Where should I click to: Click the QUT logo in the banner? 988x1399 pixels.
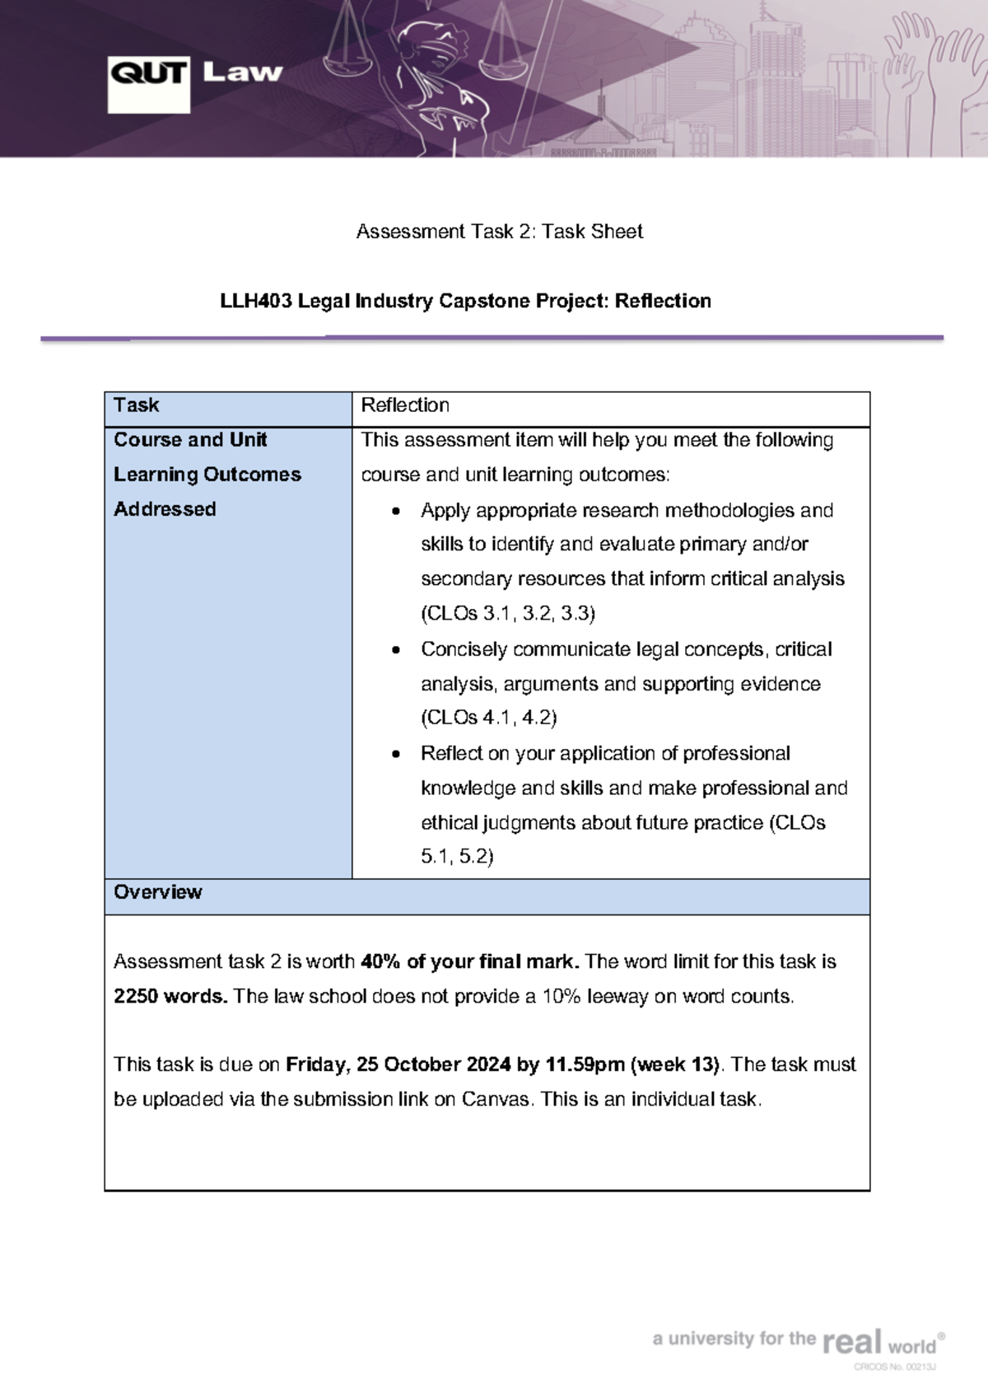coord(148,84)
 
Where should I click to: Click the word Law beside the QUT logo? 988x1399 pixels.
coord(242,73)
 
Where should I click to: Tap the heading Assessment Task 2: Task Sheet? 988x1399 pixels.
coord(499,232)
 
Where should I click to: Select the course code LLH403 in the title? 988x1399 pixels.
coord(256,302)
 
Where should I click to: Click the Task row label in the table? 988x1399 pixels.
coord(137,405)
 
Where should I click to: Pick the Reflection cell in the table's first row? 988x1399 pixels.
coord(405,405)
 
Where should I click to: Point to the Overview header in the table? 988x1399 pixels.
coord(158,892)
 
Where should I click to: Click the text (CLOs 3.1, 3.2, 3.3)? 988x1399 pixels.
coord(508,614)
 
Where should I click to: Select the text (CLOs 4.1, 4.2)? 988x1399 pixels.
coord(489,718)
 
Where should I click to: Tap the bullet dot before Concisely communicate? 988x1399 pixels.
coord(397,651)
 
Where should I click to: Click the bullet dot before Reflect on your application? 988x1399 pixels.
coord(397,755)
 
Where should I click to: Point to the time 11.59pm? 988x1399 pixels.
coord(584,1065)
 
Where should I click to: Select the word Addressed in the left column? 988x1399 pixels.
coord(165,510)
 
